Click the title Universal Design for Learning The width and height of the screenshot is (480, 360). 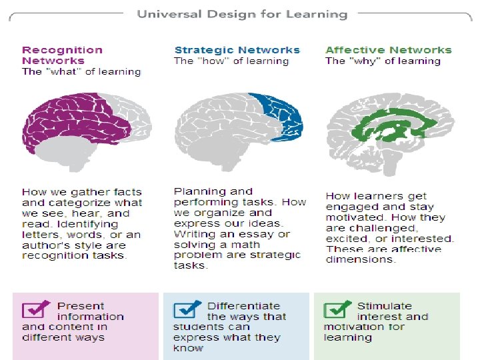242,14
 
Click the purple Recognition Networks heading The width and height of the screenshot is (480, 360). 62,55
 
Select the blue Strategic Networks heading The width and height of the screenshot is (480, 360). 237,50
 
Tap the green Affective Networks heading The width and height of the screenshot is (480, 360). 388,50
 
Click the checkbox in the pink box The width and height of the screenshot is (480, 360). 35,310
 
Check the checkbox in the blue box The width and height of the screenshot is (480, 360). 187,310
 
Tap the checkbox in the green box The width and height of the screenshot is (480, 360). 337,310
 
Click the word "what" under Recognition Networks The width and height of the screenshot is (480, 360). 61,71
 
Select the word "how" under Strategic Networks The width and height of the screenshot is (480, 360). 213,61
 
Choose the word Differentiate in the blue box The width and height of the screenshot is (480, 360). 243,306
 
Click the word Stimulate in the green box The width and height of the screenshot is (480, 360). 385,306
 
